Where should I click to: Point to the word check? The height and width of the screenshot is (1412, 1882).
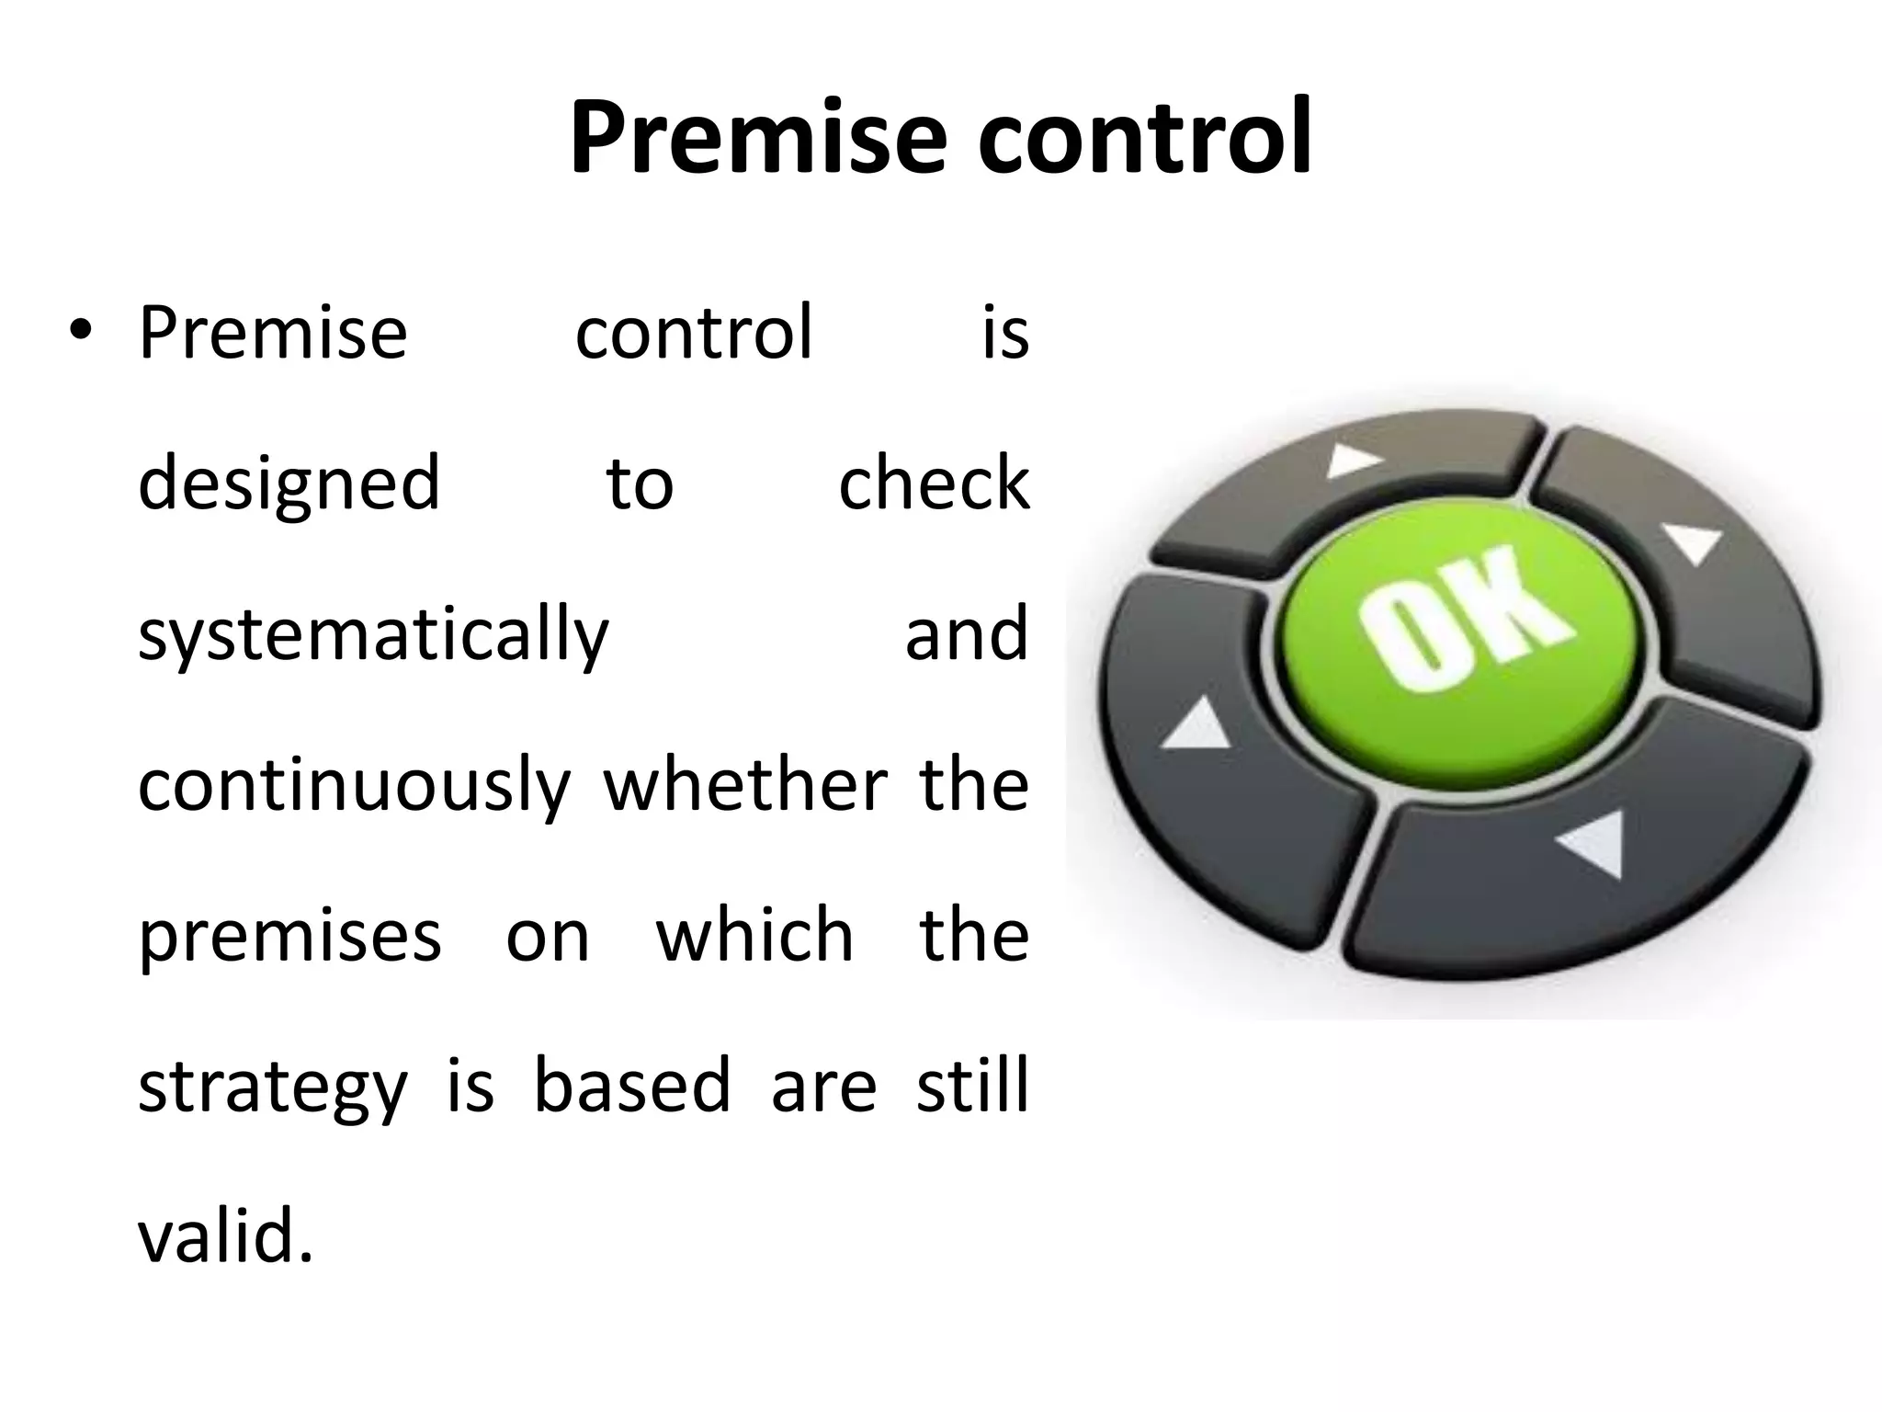coord(934,483)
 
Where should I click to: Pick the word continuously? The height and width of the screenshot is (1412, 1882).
coord(354,787)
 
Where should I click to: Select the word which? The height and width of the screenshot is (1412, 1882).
coord(754,935)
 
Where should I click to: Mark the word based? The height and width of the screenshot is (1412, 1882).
coord(632,1086)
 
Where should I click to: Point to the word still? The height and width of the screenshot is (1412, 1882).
coord(972,1086)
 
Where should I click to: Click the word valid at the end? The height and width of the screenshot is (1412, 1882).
coord(225,1236)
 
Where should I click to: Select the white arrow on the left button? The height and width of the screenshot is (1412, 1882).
coord(1197,726)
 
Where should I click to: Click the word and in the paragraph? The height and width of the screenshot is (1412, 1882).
coord(966,634)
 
